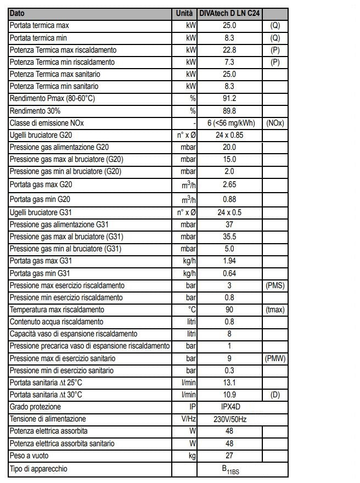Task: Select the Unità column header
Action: tap(184, 13)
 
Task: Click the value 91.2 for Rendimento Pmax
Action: tap(229, 98)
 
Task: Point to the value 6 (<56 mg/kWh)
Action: tap(229, 123)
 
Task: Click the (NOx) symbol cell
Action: tap(275, 123)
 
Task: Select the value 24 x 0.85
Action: tap(229, 135)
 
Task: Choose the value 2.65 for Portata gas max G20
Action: tap(229, 184)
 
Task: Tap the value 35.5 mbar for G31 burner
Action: tap(229, 237)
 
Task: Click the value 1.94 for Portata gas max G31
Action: tap(229, 261)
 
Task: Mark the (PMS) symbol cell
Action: tap(275, 285)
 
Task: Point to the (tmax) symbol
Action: tap(275, 310)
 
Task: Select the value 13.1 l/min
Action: tap(229, 383)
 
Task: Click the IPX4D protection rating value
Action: tap(229, 407)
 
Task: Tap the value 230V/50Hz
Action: tap(229, 419)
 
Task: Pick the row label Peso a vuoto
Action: tap(28, 456)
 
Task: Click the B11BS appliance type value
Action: tap(229, 469)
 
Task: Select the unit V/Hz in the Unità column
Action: tap(188, 419)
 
